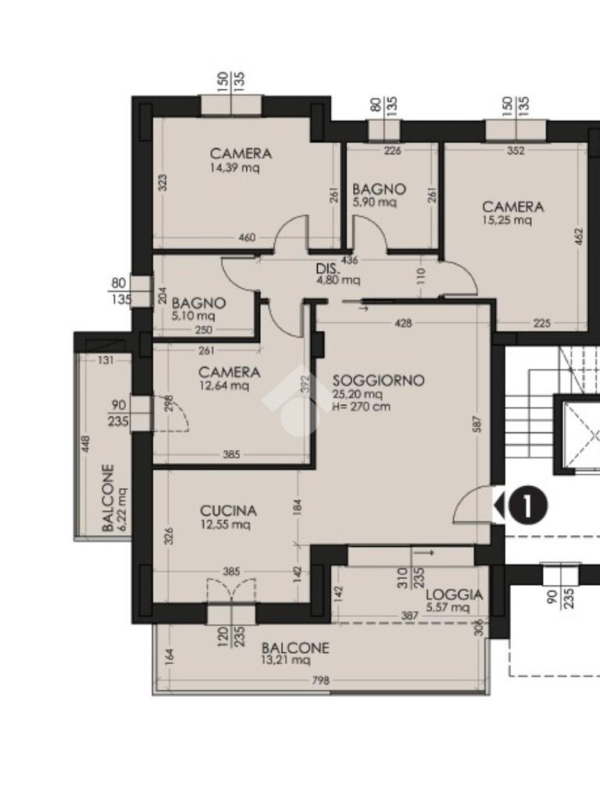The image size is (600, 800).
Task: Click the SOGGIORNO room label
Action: click(378, 380)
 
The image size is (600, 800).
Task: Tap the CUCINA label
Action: click(228, 511)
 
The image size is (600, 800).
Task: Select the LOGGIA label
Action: click(454, 595)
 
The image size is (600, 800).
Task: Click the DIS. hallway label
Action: click(325, 269)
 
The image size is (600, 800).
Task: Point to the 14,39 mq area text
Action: click(234, 167)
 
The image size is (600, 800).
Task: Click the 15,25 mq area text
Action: click(506, 220)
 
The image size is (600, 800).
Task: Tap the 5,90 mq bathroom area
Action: click(374, 202)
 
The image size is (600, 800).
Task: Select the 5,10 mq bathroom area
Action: click(194, 316)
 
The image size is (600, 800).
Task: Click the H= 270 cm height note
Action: click(361, 406)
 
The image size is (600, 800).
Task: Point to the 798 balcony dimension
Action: click(320, 680)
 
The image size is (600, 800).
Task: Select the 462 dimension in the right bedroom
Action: click(577, 237)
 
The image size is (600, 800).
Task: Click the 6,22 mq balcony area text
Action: click(123, 509)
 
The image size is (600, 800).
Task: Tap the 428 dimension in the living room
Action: click(403, 323)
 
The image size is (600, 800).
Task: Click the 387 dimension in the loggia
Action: click(409, 616)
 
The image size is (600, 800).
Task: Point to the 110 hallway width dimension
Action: click(421, 277)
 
